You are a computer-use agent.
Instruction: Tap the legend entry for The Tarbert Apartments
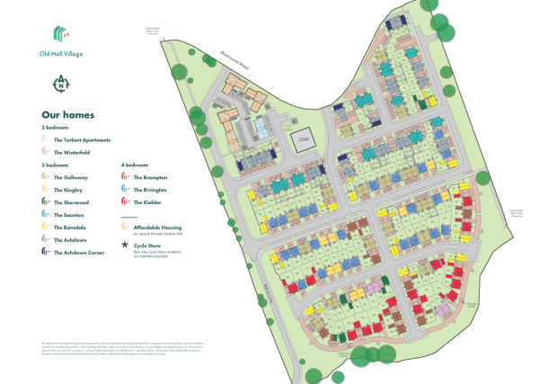click(x=83, y=140)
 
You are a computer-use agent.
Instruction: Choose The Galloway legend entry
click(x=72, y=178)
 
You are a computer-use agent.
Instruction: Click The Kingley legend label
click(x=70, y=191)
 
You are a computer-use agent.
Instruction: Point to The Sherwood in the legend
click(x=72, y=203)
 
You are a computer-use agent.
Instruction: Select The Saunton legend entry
click(x=71, y=216)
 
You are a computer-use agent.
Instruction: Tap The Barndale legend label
click(x=72, y=228)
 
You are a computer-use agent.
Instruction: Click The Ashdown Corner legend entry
click(x=77, y=254)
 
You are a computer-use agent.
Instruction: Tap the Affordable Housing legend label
click(x=157, y=228)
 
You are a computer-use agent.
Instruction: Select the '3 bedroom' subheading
click(x=56, y=165)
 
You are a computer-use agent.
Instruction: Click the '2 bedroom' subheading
click(x=56, y=129)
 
